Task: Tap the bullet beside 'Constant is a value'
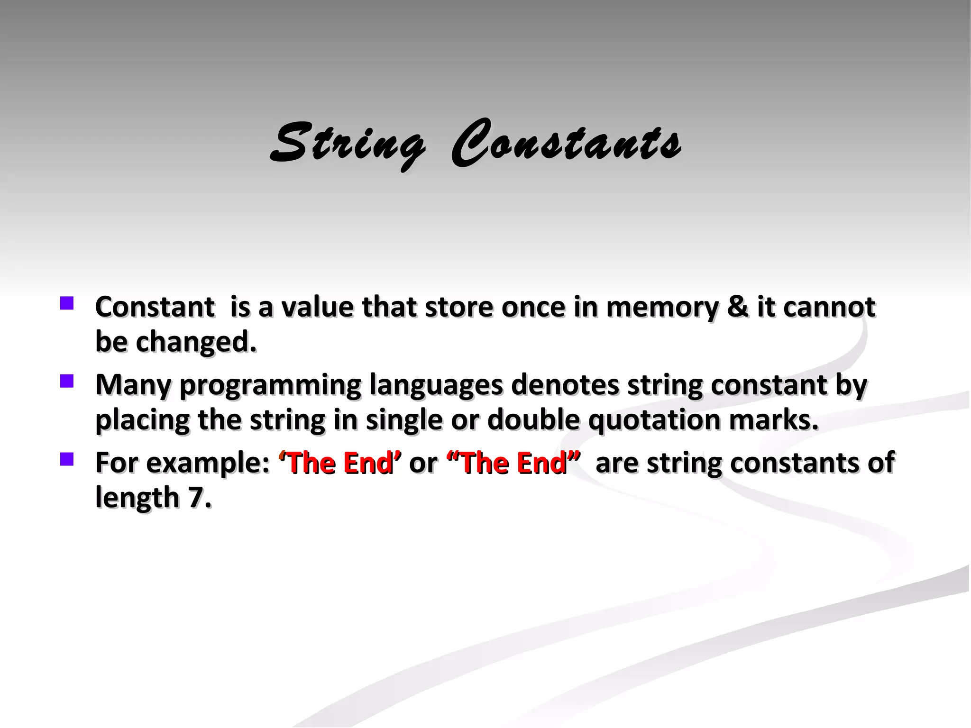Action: tap(67, 303)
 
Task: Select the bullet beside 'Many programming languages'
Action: tap(67, 381)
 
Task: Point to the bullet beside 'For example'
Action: tap(67, 459)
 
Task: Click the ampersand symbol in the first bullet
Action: tap(737, 307)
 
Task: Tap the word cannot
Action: tap(829, 307)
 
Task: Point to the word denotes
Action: tap(565, 384)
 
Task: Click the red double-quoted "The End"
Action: tap(513, 463)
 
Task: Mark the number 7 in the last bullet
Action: tap(195, 498)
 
